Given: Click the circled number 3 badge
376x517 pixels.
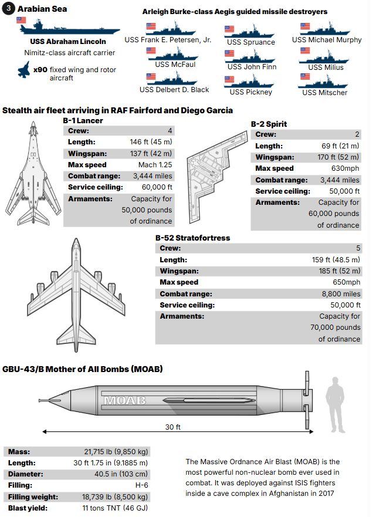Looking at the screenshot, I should [9, 9].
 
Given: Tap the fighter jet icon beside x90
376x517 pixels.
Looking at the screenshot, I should [23, 72].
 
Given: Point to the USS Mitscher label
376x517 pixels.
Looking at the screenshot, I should [324, 92].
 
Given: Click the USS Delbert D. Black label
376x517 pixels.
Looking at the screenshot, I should [174, 90].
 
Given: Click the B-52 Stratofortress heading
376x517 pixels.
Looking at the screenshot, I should [192, 238].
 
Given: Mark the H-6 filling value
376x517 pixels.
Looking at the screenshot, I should [142, 485].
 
